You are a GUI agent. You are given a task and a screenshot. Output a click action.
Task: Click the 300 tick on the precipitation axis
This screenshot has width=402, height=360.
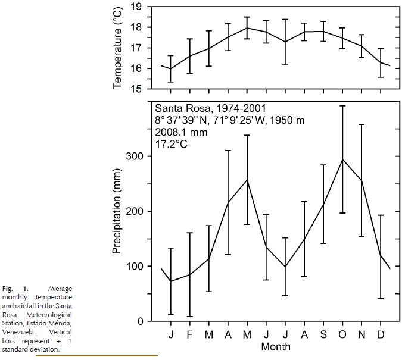[x=136, y=156]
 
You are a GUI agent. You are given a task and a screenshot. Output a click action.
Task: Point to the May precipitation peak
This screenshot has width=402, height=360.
[x=248, y=180]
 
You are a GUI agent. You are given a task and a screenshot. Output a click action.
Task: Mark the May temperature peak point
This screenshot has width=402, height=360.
[x=248, y=27]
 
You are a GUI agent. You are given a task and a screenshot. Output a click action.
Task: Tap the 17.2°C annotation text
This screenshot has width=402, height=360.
[x=171, y=143]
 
